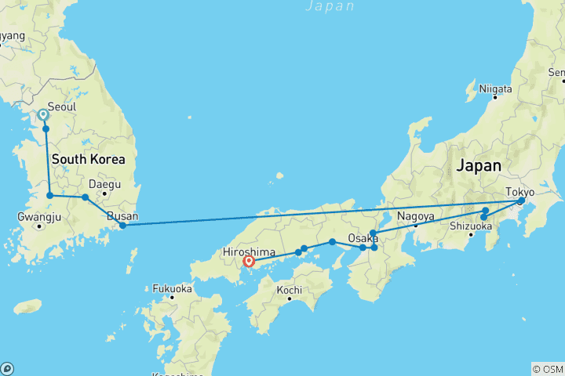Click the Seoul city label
pyautogui.click(x=64, y=107)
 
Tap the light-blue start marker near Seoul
pyautogui.click(x=43, y=115)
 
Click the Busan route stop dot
pyautogui.click(x=122, y=226)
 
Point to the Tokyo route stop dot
pyautogui.click(x=520, y=201)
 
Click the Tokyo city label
pyautogui.click(x=519, y=191)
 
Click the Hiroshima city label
pyautogui.click(x=249, y=252)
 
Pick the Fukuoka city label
pyautogui.click(x=173, y=287)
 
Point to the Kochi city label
pyautogui.click(x=290, y=290)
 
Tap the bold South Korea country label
pyautogui.click(x=88, y=159)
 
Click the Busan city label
pyautogui.click(x=122, y=216)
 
